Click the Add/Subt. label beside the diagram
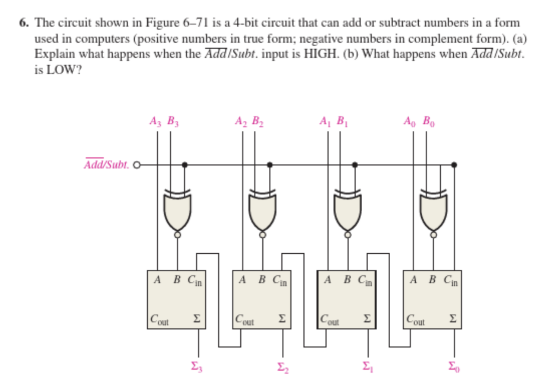click(107, 165)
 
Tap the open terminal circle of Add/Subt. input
click(137, 165)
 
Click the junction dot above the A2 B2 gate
click(270, 165)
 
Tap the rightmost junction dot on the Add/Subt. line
click(454, 165)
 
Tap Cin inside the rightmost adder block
click(454, 280)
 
